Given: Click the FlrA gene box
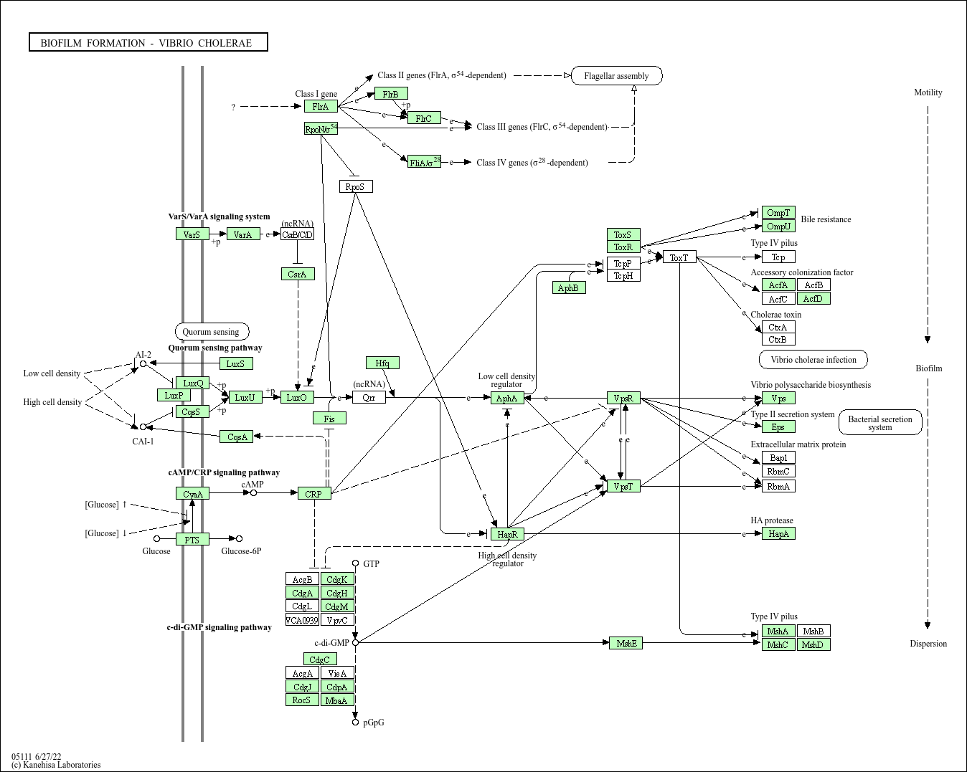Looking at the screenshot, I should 321,106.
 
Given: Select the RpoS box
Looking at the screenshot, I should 356,186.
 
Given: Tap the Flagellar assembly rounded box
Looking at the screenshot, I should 616,75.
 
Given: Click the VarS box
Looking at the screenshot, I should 192,234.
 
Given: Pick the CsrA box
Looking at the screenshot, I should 297,274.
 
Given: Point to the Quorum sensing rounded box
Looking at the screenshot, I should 212,331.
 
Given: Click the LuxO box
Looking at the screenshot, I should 297,397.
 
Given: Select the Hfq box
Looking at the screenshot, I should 382,363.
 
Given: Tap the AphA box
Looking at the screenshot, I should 507,398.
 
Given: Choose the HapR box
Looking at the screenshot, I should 507,534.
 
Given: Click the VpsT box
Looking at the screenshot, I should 623,486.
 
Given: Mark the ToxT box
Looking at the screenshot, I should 679,257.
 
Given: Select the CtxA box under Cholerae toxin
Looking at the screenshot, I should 778,327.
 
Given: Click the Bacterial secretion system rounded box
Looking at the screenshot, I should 880,423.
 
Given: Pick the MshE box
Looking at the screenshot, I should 626,643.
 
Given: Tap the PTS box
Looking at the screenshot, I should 192,539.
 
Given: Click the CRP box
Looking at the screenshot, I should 314,493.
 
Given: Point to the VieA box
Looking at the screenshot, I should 337,673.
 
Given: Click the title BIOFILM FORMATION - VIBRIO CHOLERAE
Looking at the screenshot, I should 148,42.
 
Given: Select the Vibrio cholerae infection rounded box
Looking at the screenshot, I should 813,359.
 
